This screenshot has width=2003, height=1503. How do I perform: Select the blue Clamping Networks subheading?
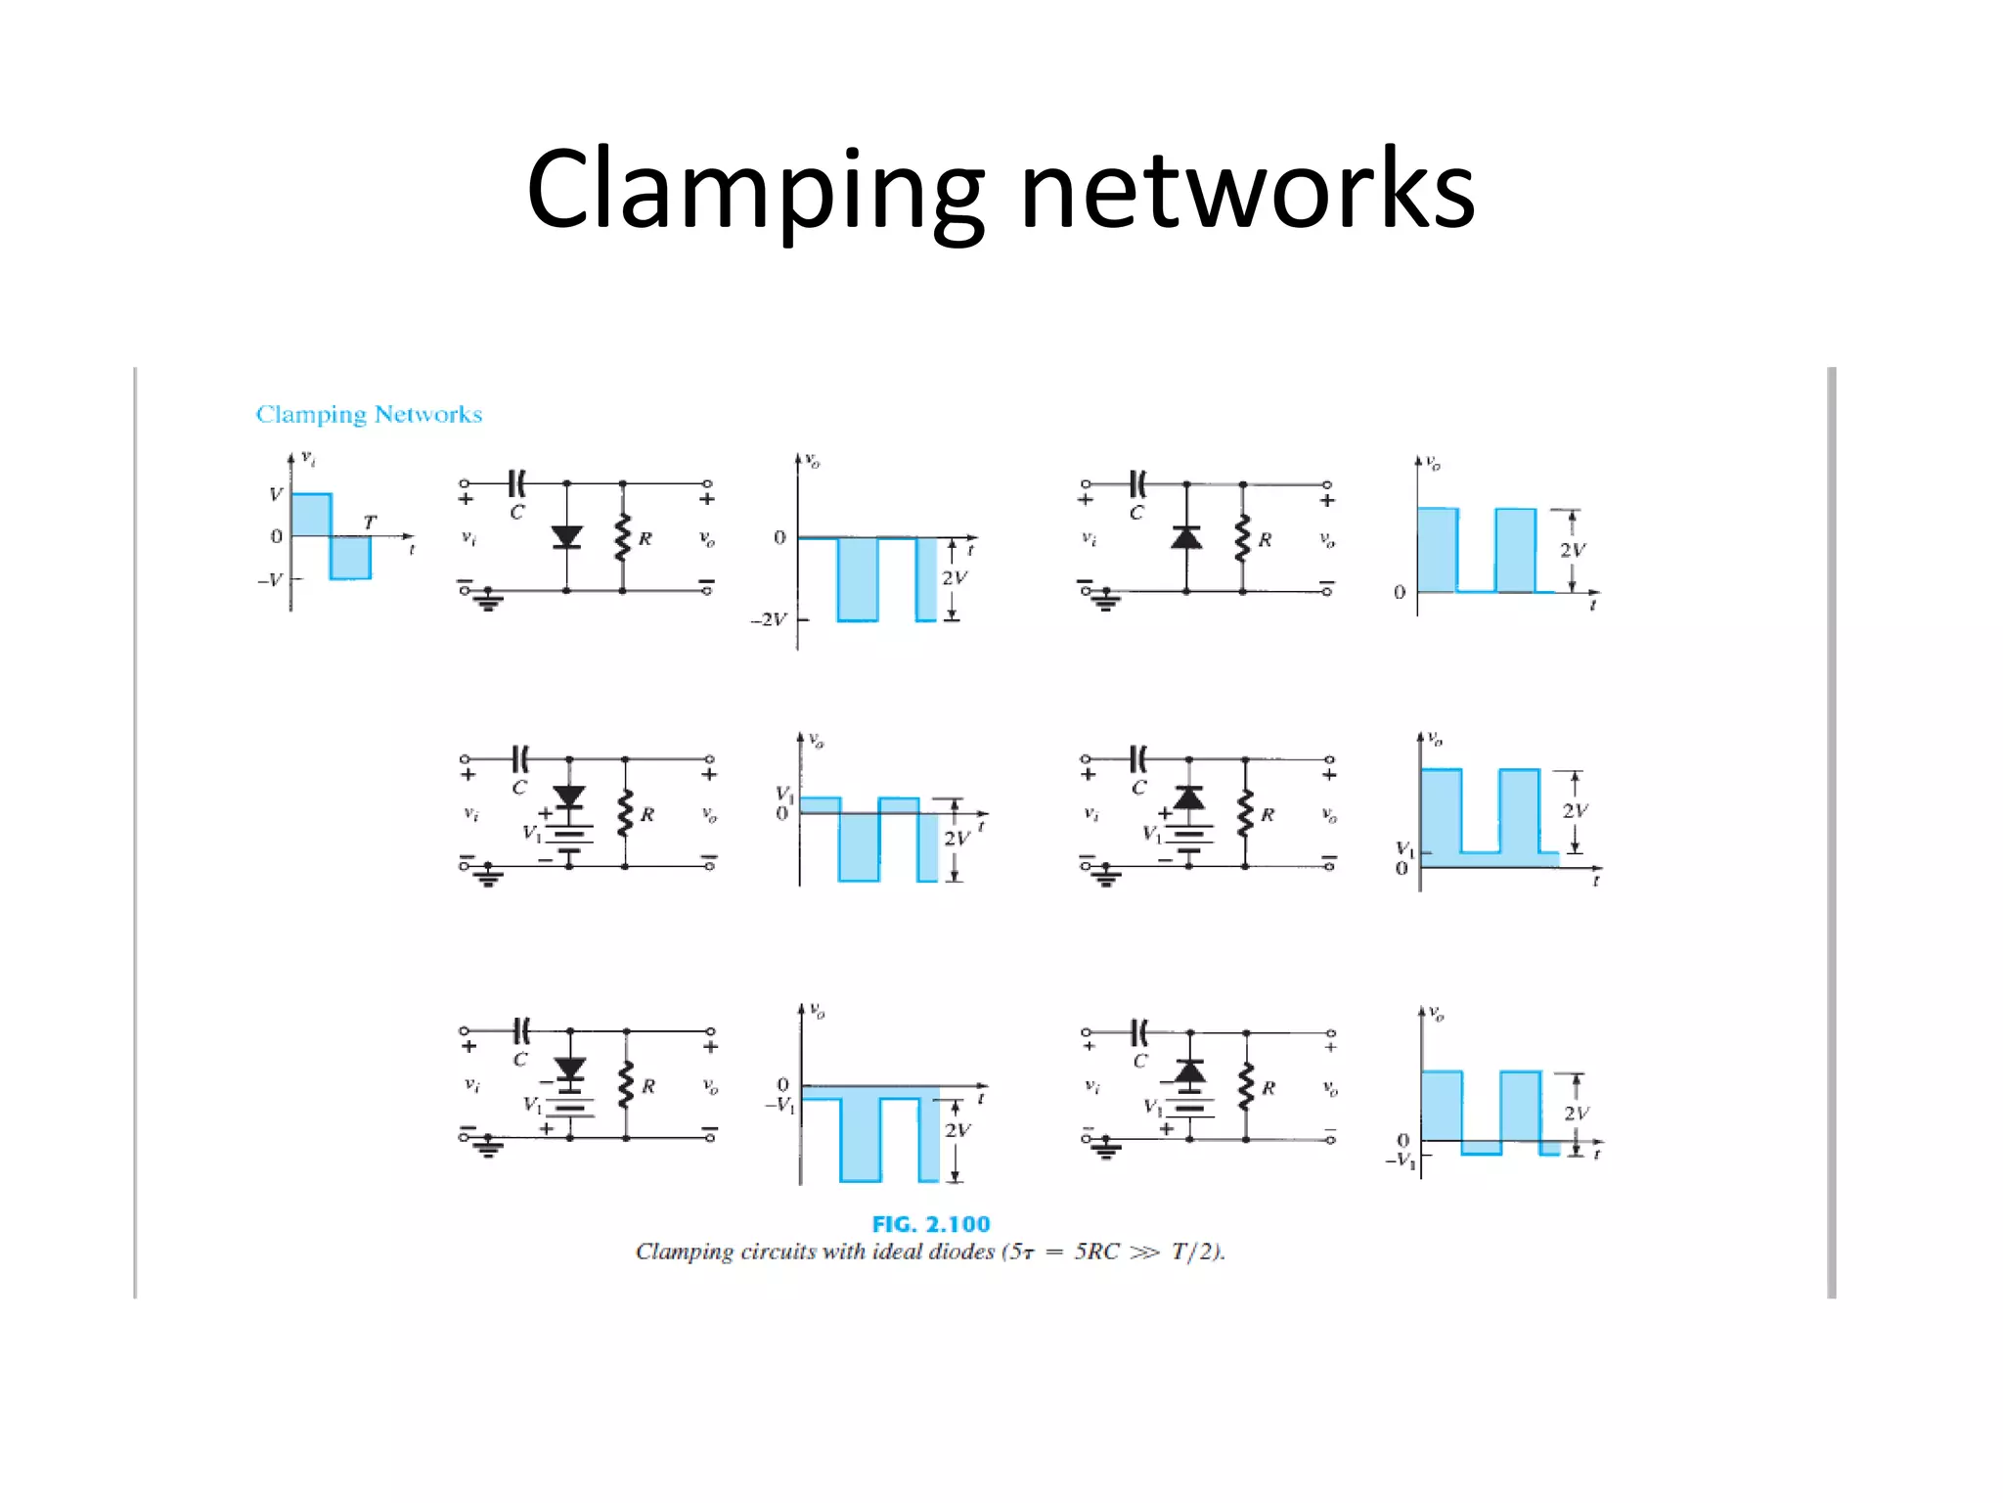369,414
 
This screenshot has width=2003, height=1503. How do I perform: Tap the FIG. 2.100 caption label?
930,1224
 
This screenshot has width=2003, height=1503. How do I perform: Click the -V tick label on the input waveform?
270,579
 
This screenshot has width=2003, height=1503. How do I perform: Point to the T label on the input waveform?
370,522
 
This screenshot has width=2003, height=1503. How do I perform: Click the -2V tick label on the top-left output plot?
769,619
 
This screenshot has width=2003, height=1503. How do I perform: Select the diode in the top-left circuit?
566,537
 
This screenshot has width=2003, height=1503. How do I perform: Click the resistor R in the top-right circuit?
1243,538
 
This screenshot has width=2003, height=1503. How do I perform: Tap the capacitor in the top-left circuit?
517,483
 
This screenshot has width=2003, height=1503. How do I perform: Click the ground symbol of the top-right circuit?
1105,601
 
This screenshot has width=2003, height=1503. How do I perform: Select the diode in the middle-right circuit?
1188,798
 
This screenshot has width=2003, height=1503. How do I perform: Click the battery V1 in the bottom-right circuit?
1188,1110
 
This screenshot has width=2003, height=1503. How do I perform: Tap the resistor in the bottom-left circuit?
627,1085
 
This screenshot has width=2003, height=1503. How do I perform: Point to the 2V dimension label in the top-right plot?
1573,550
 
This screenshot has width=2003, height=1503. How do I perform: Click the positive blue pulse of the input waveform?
311,515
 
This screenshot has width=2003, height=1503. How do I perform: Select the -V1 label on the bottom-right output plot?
1401,1161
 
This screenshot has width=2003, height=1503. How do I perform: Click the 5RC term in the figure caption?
1096,1252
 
